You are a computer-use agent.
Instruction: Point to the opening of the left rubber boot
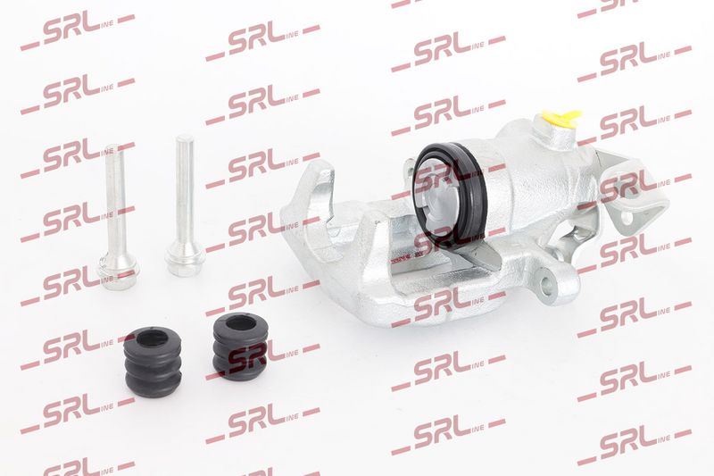click(x=151, y=339)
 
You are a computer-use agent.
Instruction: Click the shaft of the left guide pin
click(x=115, y=200)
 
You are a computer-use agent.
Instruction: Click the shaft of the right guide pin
click(x=184, y=191)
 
